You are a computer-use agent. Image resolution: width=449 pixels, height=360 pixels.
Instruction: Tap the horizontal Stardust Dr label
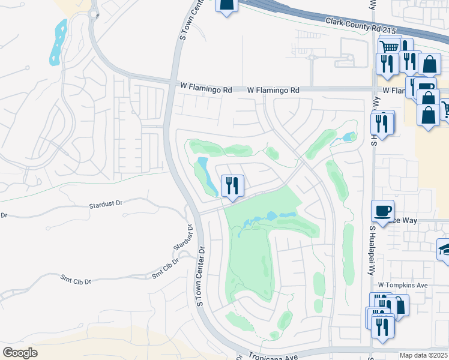click(x=106, y=204)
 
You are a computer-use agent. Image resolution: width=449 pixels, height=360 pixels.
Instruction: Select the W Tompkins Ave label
click(x=402, y=285)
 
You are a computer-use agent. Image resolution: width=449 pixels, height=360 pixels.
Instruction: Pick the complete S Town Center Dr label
click(x=202, y=276)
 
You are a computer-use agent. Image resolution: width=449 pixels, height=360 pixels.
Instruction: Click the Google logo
click(x=20, y=353)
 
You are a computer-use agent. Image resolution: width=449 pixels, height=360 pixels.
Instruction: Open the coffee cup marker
click(x=383, y=211)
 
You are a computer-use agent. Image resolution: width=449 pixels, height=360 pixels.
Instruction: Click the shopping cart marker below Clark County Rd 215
click(x=390, y=47)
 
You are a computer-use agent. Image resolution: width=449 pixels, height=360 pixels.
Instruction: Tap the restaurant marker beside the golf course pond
click(x=232, y=185)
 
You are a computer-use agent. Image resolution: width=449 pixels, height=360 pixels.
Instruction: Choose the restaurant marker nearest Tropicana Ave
click(x=382, y=326)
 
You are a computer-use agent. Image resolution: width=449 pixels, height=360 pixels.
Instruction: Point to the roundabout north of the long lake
click(x=93, y=14)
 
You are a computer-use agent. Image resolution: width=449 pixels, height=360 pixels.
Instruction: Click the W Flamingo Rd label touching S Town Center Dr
click(x=206, y=88)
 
